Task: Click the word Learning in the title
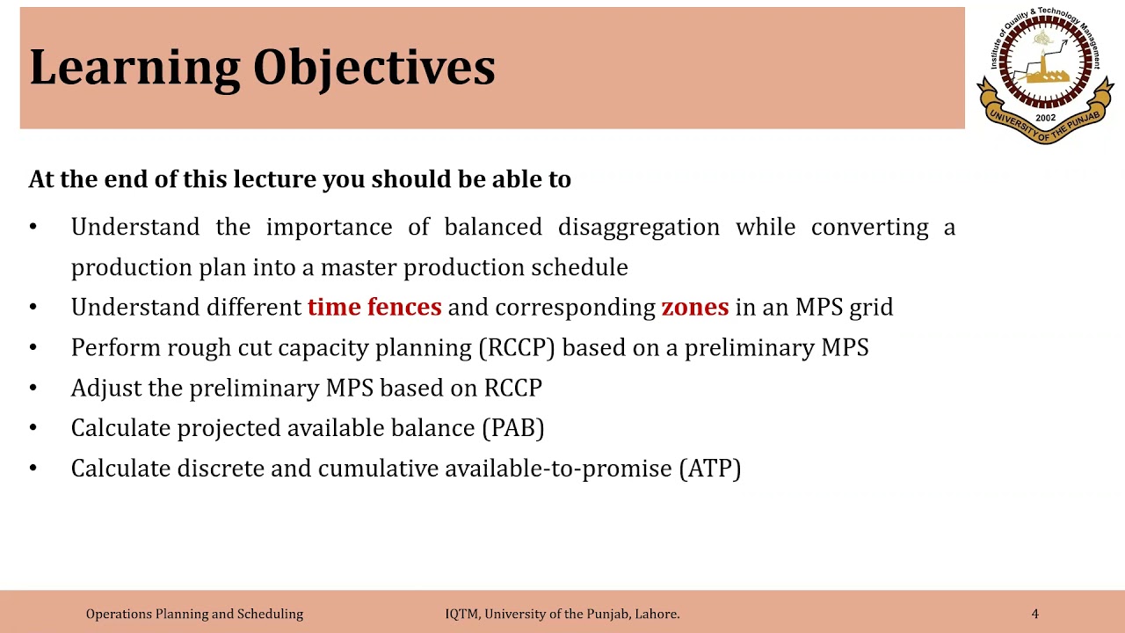[134, 69]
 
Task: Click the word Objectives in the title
[374, 69]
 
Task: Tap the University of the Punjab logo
[1045, 75]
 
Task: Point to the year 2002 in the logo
[1045, 118]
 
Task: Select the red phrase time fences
[374, 307]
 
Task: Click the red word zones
[694, 307]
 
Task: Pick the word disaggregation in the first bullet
[638, 227]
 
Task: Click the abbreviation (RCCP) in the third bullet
[517, 347]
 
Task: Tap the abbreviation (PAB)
[512, 428]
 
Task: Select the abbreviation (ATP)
[709, 469]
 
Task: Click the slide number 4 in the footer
[1034, 614]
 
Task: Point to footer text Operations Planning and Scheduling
[194, 614]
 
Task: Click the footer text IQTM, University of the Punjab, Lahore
[562, 614]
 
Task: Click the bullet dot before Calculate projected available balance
[33, 428]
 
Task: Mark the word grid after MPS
[871, 307]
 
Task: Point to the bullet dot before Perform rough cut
[33, 347]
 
